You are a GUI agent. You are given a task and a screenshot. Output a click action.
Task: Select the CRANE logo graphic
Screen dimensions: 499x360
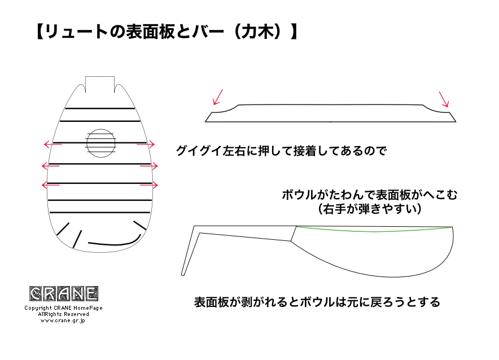click(64, 293)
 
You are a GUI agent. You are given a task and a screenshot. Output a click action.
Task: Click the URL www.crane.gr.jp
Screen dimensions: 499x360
click(63, 321)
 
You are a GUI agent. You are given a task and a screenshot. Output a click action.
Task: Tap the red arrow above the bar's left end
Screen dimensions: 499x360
click(218, 97)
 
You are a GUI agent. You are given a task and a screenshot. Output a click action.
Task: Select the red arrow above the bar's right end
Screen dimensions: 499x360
click(444, 99)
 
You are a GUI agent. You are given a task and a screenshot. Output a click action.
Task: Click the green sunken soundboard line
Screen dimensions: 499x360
click(375, 231)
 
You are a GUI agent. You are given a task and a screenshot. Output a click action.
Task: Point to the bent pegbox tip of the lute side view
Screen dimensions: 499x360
click(183, 274)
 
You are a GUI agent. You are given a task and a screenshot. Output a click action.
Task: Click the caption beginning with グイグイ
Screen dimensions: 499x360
click(281, 151)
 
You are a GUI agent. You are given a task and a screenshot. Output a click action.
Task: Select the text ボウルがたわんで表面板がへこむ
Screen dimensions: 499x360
click(370, 194)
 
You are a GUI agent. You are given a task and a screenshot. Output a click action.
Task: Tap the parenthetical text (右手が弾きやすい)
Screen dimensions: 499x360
click(370, 209)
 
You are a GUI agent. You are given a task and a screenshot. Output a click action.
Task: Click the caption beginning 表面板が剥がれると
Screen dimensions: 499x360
click(317, 302)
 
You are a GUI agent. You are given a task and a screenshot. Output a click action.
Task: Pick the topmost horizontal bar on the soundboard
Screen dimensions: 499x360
click(100, 108)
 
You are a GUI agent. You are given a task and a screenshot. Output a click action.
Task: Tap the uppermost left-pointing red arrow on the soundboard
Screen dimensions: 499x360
click(53, 144)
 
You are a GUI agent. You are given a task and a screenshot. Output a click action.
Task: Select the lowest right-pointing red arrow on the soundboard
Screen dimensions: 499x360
click(149, 185)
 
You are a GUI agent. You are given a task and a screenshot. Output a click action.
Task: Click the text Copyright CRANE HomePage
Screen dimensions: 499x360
click(63, 308)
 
